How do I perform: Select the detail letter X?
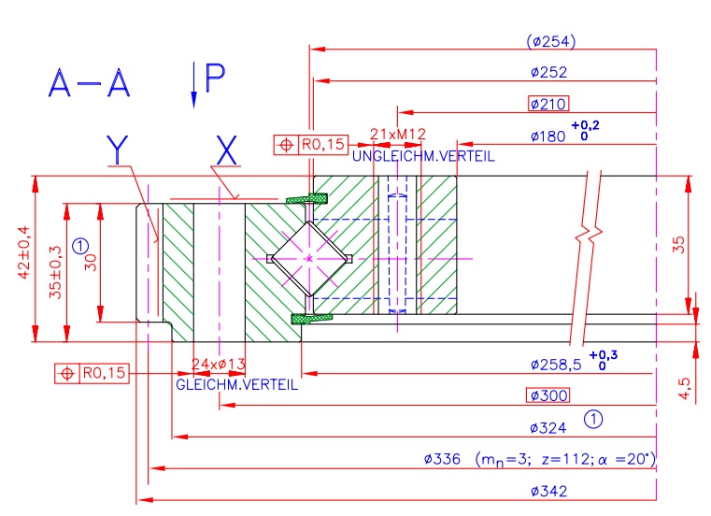click(x=227, y=150)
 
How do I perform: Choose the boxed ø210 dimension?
click(x=548, y=104)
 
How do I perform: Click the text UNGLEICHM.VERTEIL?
click(x=423, y=156)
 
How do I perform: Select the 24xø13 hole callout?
click(x=218, y=364)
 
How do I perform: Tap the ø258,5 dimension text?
click(x=556, y=364)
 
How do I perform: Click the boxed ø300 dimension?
click(x=548, y=395)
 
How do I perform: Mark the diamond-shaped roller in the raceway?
click(x=308, y=258)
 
